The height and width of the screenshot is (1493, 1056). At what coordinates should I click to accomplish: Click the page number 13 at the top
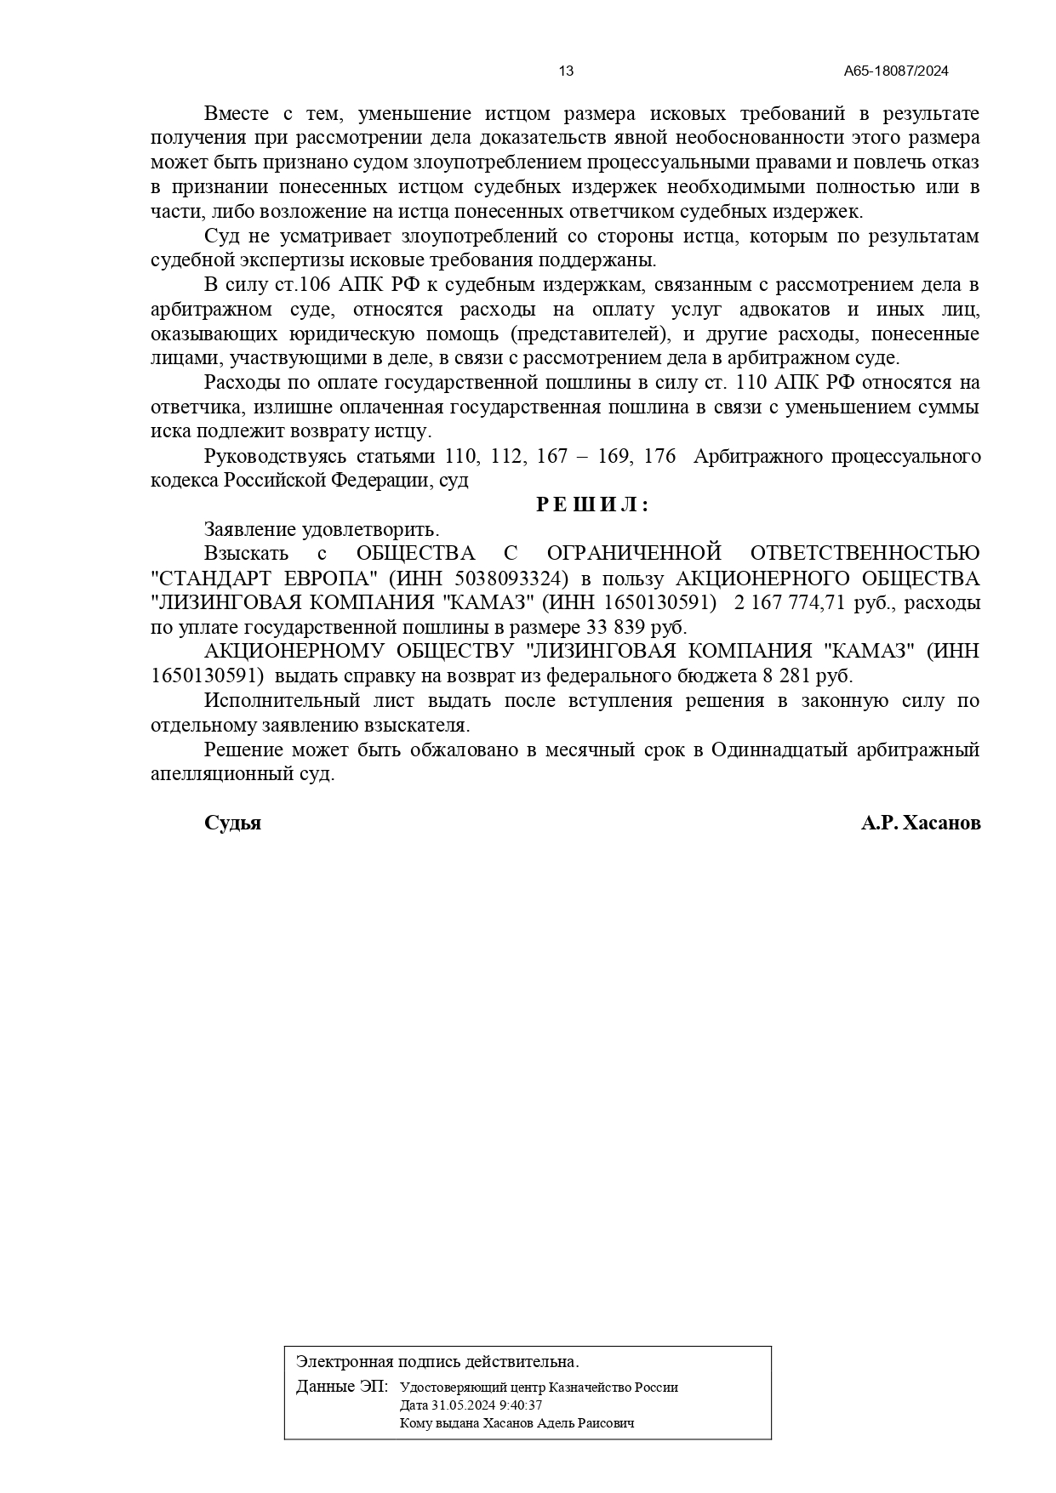pos(566,71)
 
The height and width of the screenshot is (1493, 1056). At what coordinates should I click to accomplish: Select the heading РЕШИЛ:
pos(592,505)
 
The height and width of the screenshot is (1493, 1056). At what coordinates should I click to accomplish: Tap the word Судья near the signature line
pos(232,823)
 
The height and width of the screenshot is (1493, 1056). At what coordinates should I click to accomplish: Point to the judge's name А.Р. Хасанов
pos(920,823)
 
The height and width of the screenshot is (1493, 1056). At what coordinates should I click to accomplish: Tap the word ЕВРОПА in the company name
pos(329,579)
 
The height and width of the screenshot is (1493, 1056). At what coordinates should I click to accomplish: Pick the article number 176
pos(659,457)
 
